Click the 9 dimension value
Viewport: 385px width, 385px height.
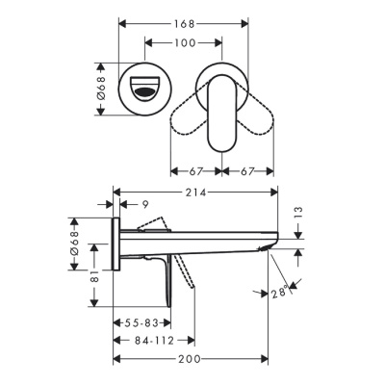(x=145, y=204)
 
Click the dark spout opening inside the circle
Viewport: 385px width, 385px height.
(x=144, y=93)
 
